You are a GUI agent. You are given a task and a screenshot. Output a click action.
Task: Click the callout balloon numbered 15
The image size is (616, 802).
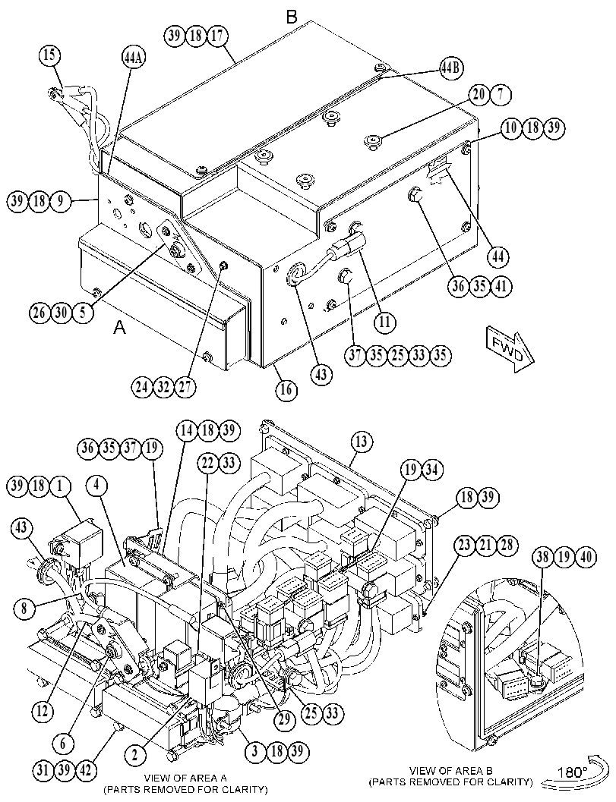[49, 56]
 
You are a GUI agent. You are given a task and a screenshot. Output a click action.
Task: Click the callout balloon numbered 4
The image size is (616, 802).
[97, 486]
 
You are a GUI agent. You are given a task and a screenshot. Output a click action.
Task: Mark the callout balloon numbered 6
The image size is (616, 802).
[64, 743]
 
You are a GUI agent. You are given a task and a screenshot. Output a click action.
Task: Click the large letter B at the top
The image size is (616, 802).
[292, 17]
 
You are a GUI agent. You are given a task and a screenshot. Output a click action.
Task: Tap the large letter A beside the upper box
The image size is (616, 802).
[119, 327]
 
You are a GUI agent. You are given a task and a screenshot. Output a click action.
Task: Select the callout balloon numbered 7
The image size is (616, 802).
[501, 95]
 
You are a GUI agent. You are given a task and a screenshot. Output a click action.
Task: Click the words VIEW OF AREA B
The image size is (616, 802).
[451, 770]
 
